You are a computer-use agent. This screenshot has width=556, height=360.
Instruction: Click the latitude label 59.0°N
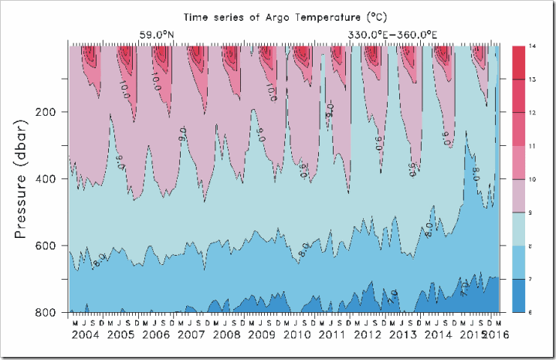[156, 35]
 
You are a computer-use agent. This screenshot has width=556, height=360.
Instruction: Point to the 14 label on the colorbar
[531, 46]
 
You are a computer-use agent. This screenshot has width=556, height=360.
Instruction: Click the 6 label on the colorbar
[531, 311]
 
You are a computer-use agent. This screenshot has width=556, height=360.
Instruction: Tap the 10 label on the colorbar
[531, 179]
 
